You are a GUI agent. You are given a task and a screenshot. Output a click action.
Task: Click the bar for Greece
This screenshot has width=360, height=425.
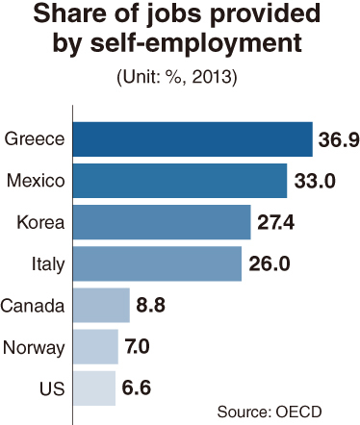coord(193,139)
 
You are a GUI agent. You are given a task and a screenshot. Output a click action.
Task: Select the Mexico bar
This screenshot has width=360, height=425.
coord(180,181)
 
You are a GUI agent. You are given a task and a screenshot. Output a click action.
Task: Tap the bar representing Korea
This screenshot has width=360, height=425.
coord(162,222)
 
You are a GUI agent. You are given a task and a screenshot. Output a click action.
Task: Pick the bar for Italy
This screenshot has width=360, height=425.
coord(157,263)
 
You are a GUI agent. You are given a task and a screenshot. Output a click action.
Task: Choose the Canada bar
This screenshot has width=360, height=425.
coord(101,305)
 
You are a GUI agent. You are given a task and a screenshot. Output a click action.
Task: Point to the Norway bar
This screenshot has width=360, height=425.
coord(95,347)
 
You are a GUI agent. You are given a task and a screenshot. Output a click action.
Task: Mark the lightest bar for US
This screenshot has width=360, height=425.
coord(94,388)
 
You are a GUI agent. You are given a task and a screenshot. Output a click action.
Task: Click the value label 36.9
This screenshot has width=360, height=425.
coord(339,139)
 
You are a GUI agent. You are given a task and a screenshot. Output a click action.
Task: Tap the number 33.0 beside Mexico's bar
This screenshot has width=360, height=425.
coord(315,181)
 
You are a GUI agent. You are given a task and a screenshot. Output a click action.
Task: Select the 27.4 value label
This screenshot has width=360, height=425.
coord(276,222)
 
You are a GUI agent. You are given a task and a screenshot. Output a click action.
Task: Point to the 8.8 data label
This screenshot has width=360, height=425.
coord(151,305)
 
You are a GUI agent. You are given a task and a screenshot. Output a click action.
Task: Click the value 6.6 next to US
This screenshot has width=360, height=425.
coord(137,387)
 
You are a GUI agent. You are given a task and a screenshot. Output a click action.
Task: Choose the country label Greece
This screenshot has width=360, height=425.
coord(35,139)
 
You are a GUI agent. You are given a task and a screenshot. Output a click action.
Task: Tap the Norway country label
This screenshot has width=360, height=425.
coord(34,347)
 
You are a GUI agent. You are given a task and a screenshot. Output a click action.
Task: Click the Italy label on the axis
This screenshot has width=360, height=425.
coord(48,264)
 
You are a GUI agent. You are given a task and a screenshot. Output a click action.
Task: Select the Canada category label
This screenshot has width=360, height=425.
coord(33,306)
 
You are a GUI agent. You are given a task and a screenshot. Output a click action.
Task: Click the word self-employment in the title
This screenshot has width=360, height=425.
coord(196,42)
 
